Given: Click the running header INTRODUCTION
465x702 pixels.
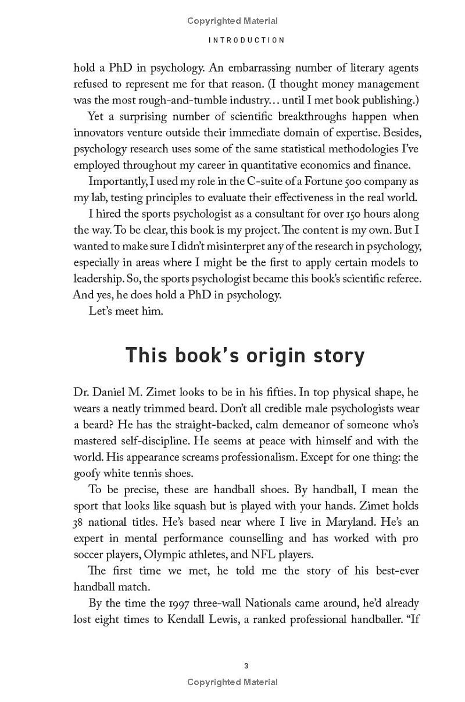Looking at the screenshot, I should (x=247, y=40).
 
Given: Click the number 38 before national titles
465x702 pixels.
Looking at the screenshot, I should (x=80, y=522).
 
